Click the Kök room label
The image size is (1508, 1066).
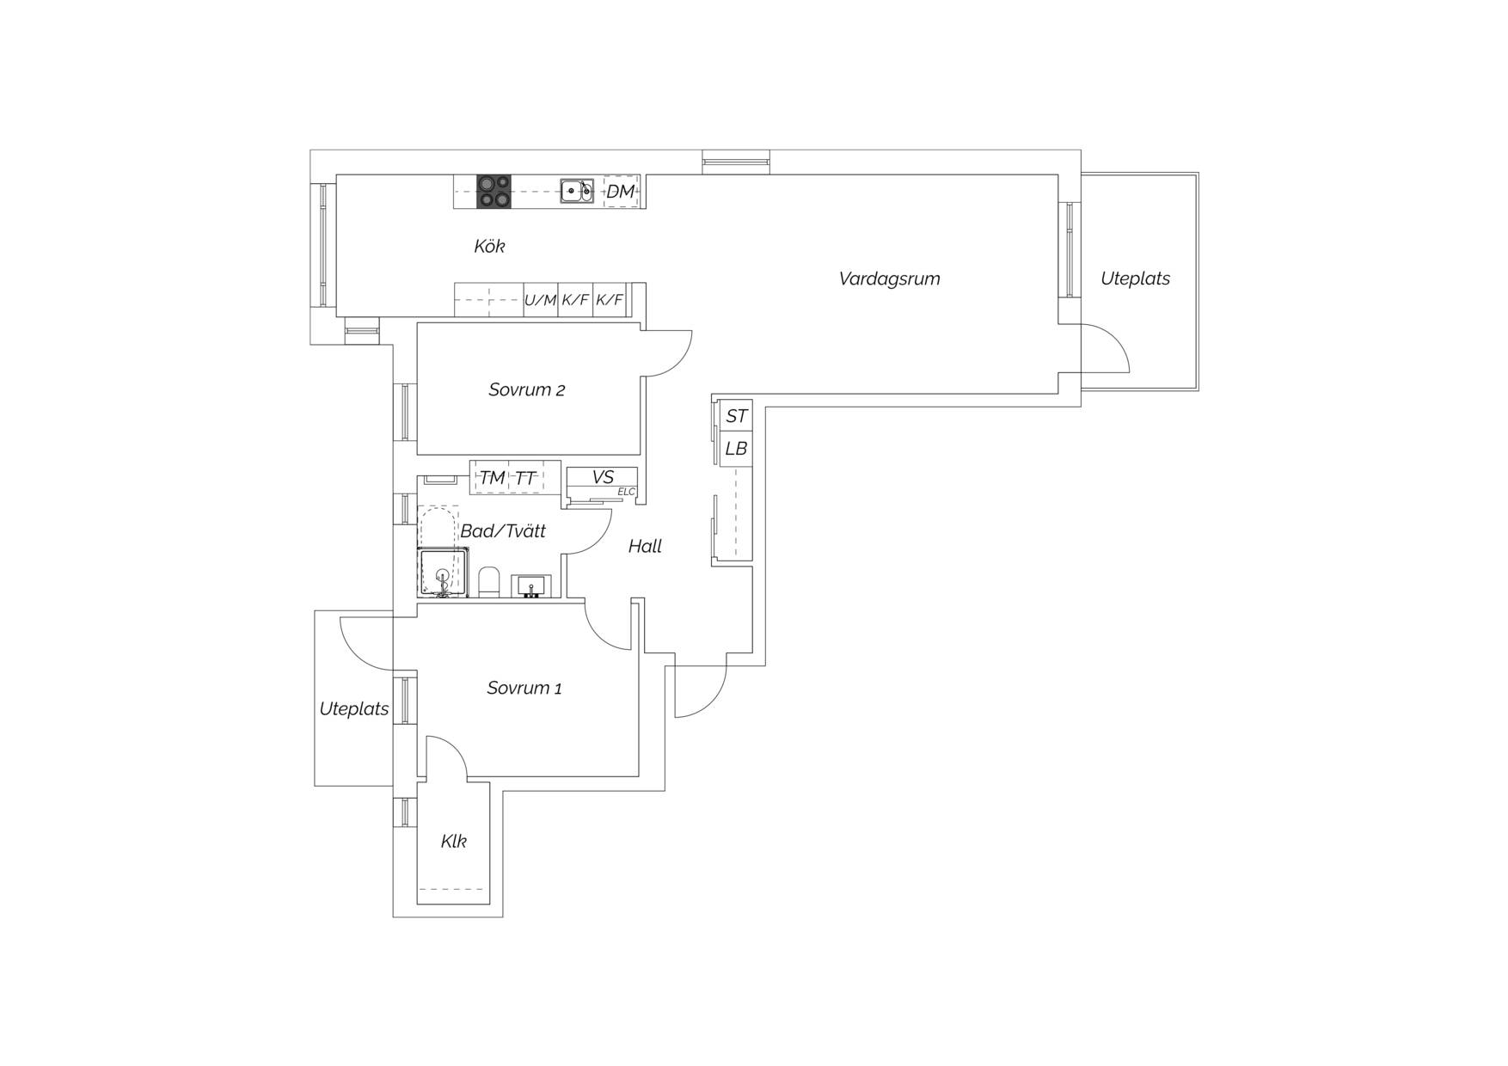coord(489,246)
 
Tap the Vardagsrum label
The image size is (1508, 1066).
coord(889,279)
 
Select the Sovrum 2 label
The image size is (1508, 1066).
coord(526,389)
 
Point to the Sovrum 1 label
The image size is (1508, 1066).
coord(524,688)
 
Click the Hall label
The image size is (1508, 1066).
coord(645,546)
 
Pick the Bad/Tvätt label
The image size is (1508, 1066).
coord(503,530)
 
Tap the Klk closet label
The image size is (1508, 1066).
coord(453,841)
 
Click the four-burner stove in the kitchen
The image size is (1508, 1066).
coord(493,192)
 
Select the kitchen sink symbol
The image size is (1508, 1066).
coord(577,191)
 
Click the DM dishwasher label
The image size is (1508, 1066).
coord(620,192)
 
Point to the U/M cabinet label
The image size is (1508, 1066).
coord(541,300)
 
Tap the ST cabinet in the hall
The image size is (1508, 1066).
coord(736,416)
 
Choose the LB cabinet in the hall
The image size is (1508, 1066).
coord(736,449)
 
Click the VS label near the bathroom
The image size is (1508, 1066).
coord(603,477)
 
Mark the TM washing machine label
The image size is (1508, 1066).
coord(492,478)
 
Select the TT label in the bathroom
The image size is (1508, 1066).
coord(525,478)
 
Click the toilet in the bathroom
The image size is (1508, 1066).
coord(488,582)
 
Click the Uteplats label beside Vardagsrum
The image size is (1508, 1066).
coord(1135,279)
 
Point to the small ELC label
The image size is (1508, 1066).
coord(626,492)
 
